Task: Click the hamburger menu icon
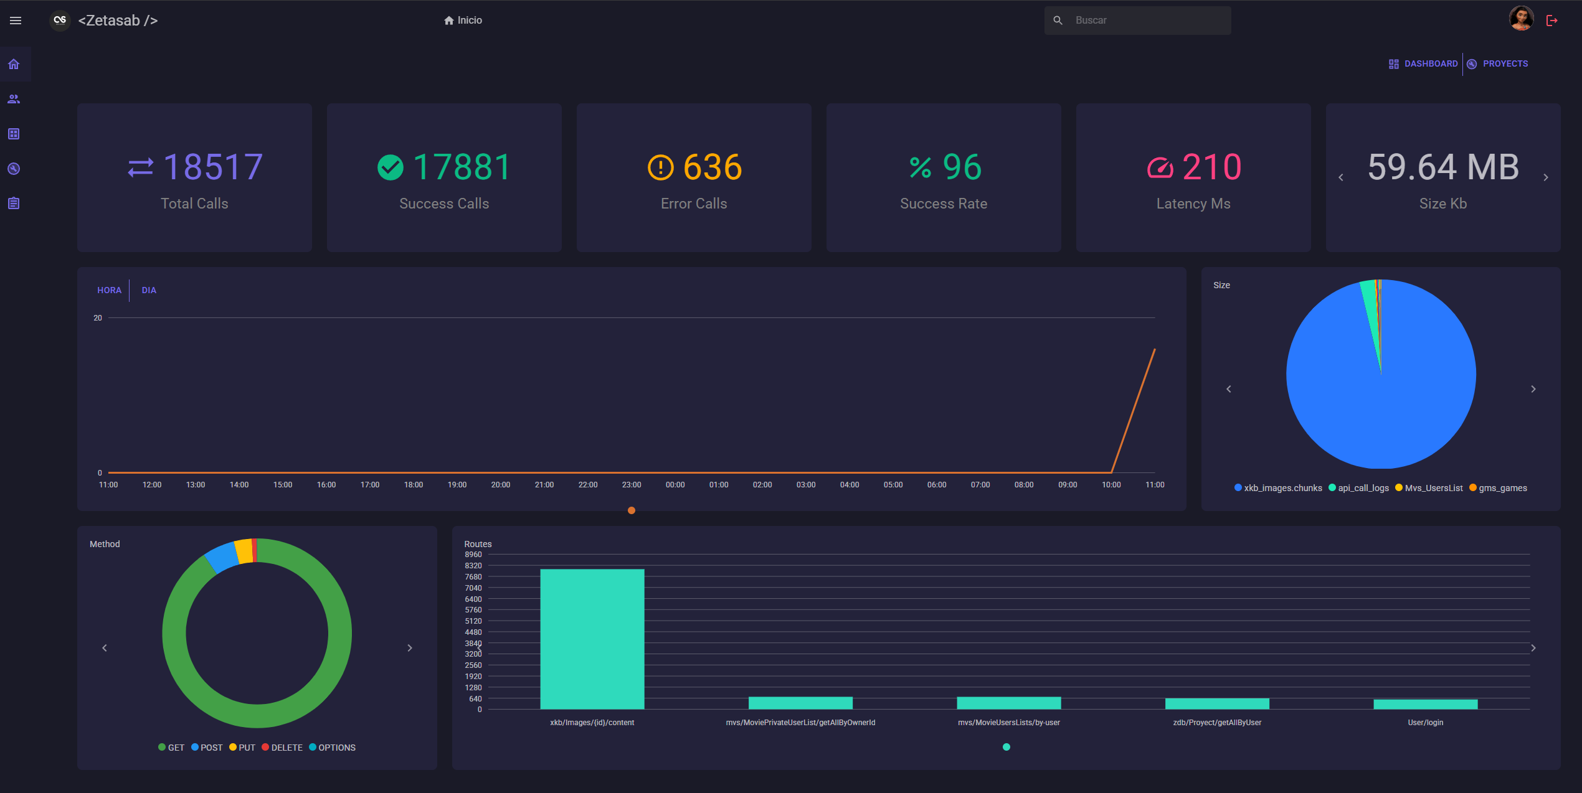16,21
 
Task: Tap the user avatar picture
1521,19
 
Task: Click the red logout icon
1552,21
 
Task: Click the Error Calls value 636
712,167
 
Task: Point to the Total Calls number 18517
212,167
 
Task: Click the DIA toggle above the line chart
149,290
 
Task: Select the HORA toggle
109,290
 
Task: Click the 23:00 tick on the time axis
631,485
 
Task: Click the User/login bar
1425,704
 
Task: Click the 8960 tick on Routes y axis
473,555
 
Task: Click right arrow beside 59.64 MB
1546,177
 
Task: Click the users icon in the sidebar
14,99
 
